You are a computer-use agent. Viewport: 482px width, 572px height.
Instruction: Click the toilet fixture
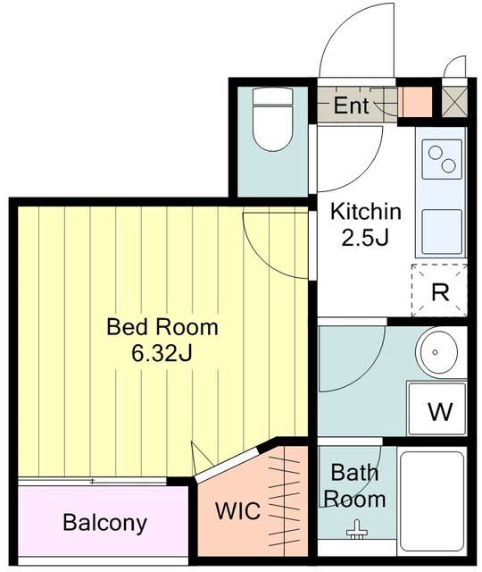click(273, 119)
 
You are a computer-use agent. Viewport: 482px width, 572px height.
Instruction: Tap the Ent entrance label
click(351, 105)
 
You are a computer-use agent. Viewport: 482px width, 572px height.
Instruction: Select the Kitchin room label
click(366, 212)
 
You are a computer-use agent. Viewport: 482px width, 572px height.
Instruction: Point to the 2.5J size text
click(366, 239)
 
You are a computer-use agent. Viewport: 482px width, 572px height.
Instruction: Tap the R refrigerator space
click(439, 290)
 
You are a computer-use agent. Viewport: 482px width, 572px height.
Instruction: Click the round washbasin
click(438, 352)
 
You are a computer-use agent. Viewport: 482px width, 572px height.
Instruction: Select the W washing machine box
click(436, 408)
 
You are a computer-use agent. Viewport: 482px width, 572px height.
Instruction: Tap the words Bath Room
click(354, 486)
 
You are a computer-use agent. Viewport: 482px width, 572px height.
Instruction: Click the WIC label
click(237, 510)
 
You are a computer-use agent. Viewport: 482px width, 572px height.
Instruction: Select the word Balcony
click(105, 523)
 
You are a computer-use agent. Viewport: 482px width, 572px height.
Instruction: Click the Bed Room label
click(162, 327)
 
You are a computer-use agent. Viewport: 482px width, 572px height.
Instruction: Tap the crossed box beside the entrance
click(454, 101)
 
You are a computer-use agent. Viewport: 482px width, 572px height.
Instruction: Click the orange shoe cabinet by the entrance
click(414, 102)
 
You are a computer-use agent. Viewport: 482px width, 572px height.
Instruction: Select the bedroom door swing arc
click(260, 260)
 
